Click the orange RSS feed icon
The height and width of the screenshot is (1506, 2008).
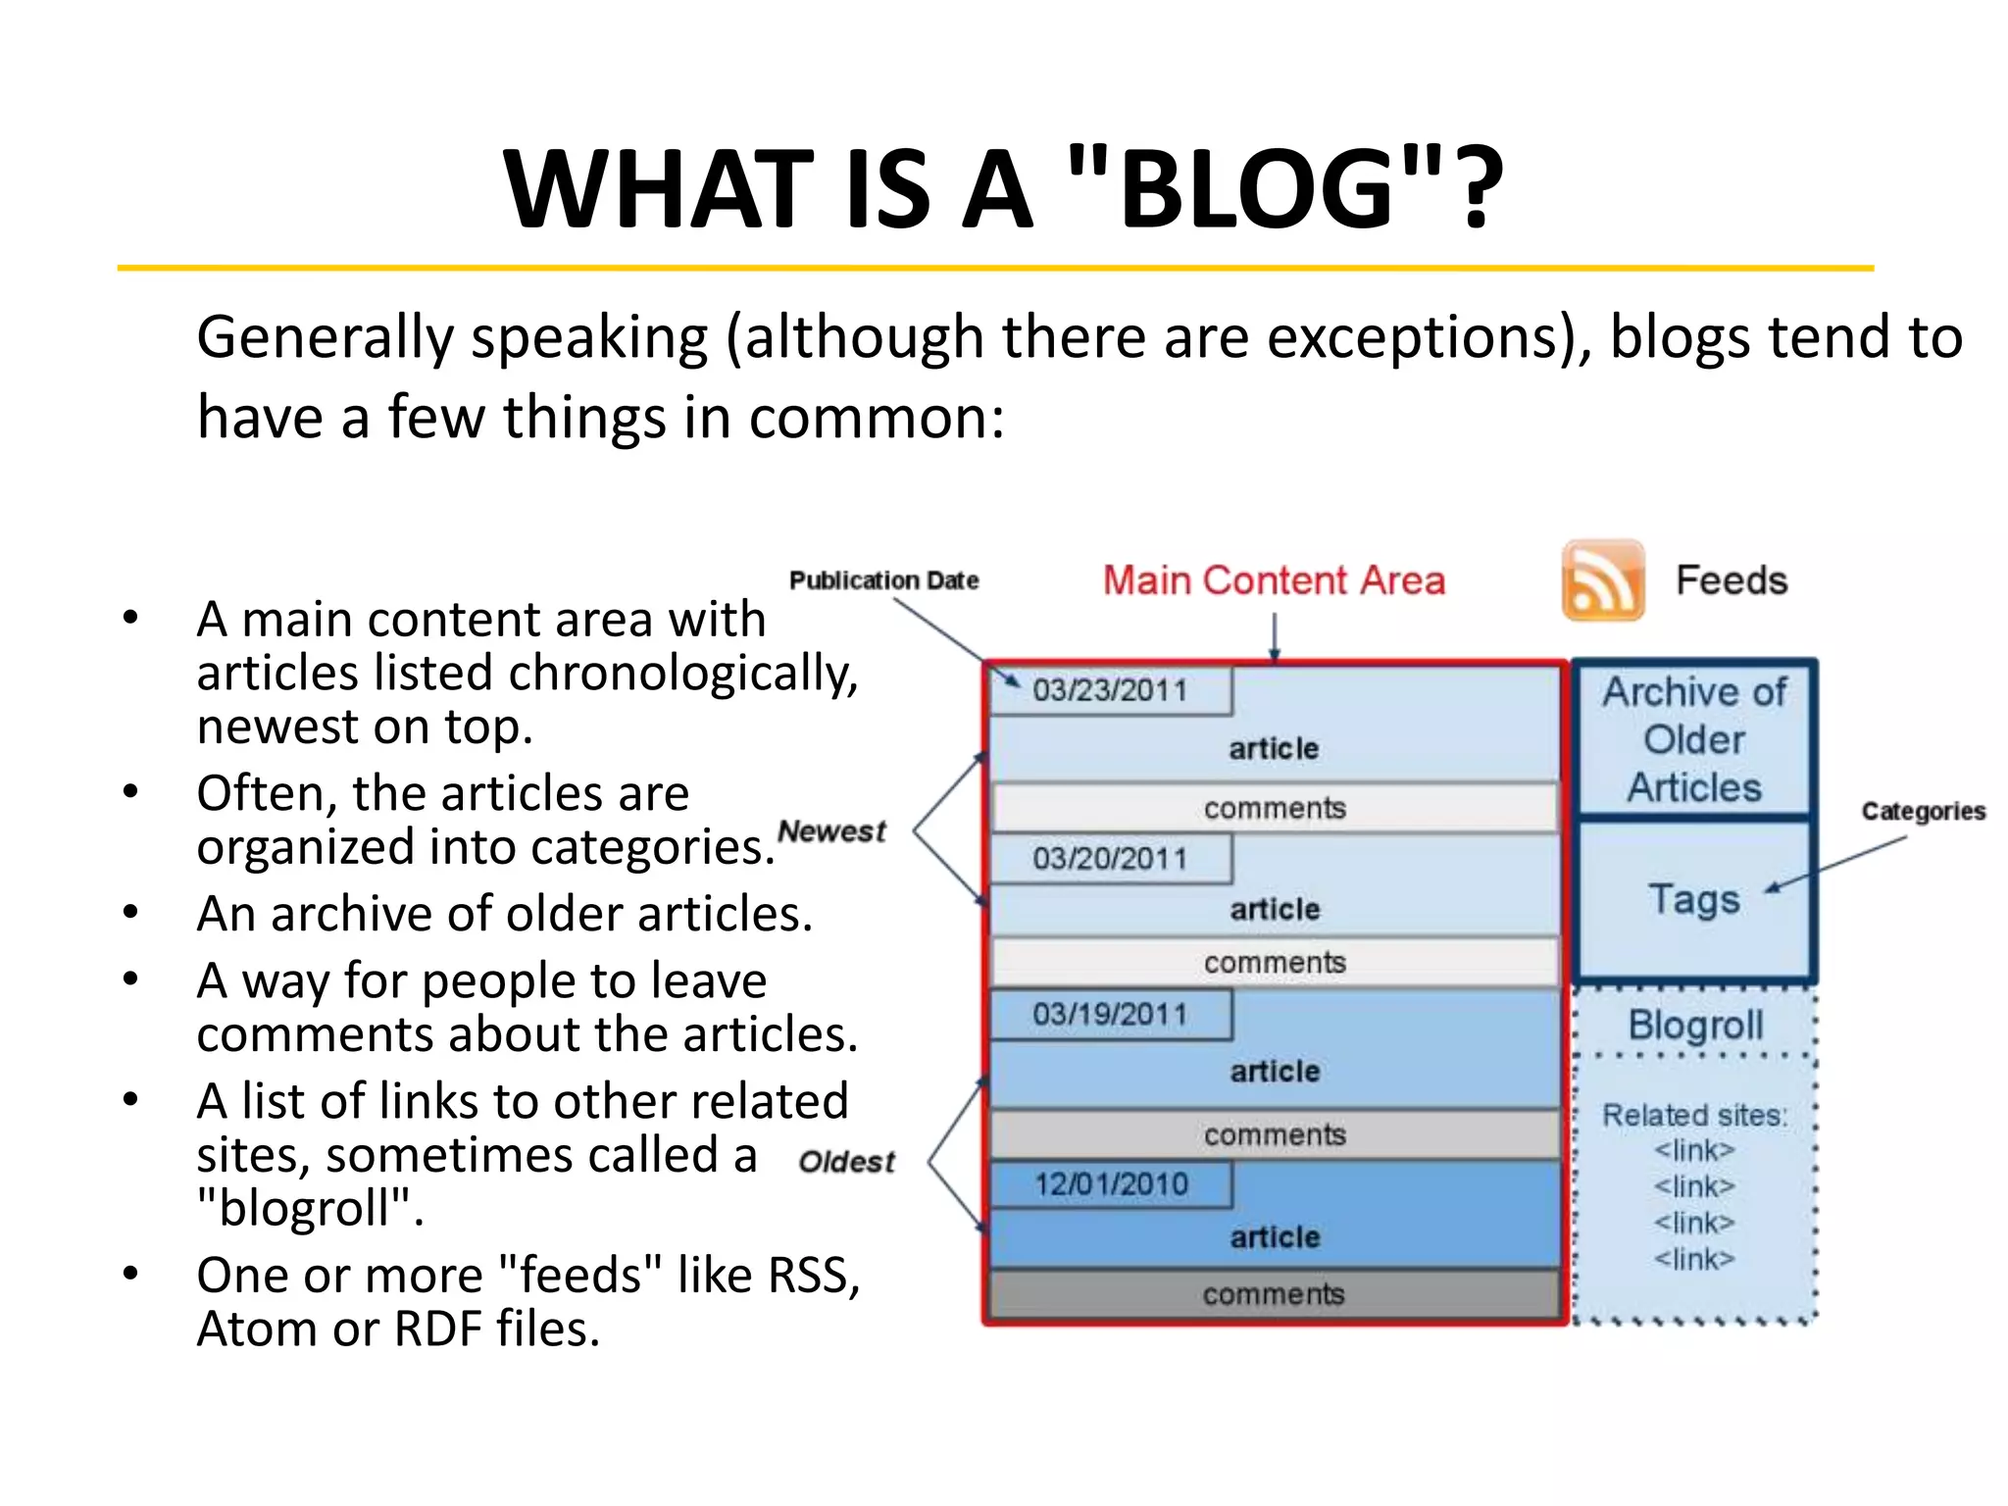(1602, 579)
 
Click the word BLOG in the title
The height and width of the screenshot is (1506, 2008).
(1256, 188)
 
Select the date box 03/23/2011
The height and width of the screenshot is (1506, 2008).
(1110, 690)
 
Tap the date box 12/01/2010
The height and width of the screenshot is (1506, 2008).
(1110, 1184)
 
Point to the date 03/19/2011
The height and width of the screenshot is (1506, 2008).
(1110, 1014)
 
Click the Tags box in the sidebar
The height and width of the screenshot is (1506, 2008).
(1693, 899)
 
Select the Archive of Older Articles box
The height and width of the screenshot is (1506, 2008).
(1693, 739)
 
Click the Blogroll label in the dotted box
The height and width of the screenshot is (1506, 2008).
(1695, 1026)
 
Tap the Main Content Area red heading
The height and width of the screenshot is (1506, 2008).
(1274, 580)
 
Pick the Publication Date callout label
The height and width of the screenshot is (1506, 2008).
(883, 580)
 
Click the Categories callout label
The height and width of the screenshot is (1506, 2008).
(1923, 811)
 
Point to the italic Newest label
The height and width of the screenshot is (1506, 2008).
(831, 831)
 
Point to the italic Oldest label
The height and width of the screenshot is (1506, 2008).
(846, 1162)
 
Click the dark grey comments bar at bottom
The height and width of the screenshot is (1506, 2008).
(1274, 1294)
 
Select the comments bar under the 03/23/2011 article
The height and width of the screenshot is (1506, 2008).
(1274, 808)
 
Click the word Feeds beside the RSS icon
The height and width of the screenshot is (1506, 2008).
(1732, 580)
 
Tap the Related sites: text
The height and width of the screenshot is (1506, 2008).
(1694, 1115)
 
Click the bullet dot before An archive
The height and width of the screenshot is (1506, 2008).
(130, 912)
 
